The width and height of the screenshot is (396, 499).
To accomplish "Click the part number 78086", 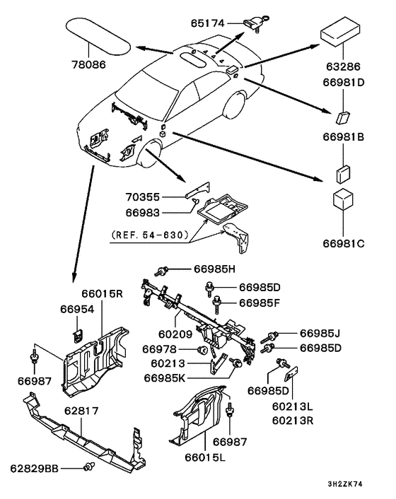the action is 89,64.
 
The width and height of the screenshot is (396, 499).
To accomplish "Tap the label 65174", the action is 208,23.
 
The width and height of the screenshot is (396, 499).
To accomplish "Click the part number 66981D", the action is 344,82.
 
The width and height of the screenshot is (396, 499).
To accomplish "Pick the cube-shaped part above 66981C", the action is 343,199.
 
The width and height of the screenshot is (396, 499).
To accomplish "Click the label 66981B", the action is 344,137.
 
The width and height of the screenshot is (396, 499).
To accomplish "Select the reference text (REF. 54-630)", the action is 151,235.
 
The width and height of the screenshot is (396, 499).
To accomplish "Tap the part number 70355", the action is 142,197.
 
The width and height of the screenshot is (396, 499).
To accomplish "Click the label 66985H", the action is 214,269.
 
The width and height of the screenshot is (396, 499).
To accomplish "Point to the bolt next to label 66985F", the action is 217,303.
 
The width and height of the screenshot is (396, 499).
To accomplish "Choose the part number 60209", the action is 175,334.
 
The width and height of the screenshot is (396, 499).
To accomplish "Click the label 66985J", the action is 320,333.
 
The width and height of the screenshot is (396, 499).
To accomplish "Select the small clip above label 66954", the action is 78,336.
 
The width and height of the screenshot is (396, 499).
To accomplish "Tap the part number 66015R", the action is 102,293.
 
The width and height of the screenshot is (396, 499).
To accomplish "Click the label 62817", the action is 81,411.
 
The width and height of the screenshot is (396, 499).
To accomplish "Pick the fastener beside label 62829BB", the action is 89,468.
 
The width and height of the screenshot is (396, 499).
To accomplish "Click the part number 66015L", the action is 205,457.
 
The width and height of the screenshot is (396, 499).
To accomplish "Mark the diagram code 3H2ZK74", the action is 345,484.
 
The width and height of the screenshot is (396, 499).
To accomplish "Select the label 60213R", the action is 293,421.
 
